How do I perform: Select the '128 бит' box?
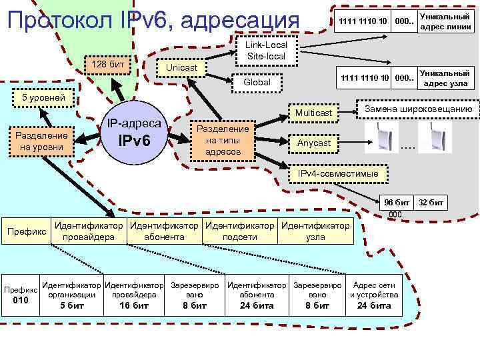(107, 64)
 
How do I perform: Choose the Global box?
(257, 82)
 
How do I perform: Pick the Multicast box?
(313, 113)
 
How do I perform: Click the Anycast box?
(313, 143)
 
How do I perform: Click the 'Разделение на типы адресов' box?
(221, 140)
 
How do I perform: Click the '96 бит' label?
(397, 202)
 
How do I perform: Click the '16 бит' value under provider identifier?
(134, 305)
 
